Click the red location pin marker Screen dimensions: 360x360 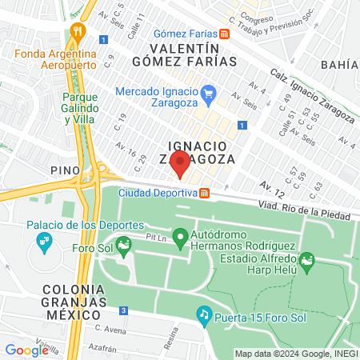tap(181, 165)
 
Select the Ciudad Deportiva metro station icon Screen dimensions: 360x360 tap(205, 193)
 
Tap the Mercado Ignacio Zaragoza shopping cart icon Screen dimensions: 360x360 tap(208, 93)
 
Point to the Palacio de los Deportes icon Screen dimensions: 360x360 tap(45, 242)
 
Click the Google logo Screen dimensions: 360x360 tap(26, 350)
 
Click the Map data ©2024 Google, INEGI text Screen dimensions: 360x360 tap(295, 354)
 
